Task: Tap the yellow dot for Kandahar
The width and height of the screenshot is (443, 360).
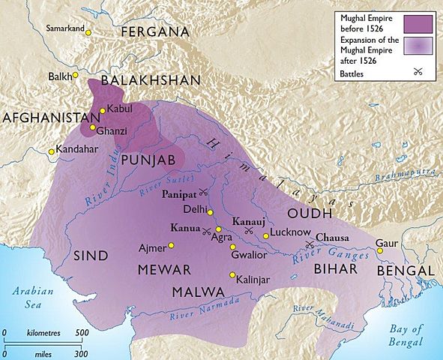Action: click(x=52, y=151)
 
